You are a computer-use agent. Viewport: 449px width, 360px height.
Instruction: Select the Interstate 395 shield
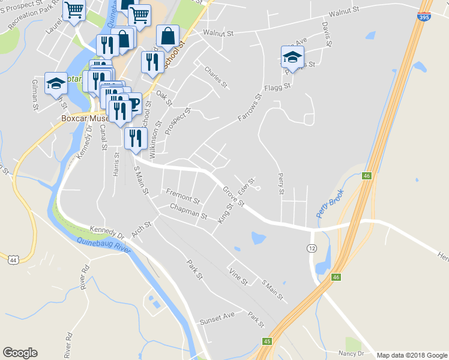pyautogui.click(x=424, y=17)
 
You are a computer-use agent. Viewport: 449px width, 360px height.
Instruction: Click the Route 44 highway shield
pyautogui.click(x=13, y=259)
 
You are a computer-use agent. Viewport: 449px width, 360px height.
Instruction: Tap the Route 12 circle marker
pyautogui.click(x=312, y=248)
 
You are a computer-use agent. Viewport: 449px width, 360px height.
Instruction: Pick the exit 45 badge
pyautogui.click(x=267, y=341)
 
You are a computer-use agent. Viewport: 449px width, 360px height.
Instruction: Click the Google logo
pyautogui.click(x=20, y=353)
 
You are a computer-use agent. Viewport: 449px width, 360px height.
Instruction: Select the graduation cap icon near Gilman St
pyautogui.click(x=56, y=83)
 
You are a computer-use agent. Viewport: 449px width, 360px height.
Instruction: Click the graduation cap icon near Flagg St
pyautogui.click(x=292, y=57)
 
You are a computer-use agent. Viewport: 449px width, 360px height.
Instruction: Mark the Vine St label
pyautogui.click(x=238, y=275)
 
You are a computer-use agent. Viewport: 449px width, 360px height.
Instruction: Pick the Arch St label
pyautogui.click(x=142, y=230)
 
